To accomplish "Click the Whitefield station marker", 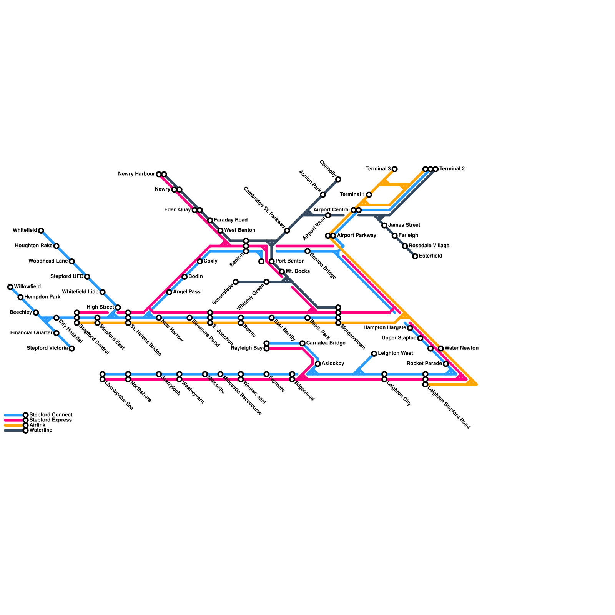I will (x=41, y=231).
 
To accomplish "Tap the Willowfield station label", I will (x=27, y=287).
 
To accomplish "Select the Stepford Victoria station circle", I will (x=71, y=349).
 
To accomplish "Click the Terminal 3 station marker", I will (x=394, y=169).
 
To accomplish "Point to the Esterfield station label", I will (x=430, y=256).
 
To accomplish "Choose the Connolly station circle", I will (x=338, y=180).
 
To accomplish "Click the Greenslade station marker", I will (x=236, y=282).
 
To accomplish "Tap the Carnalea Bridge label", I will (x=326, y=343).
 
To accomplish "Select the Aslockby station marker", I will (x=317, y=364).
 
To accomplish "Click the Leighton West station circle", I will (x=374, y=354).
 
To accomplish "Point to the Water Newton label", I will (x=461, y=348).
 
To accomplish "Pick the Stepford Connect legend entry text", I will (x=51, y=415).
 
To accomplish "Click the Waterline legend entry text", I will (x=41, y=430).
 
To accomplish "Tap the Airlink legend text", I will (x=37, y=425).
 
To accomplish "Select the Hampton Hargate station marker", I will (x=410, y=328).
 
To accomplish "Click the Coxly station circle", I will (x=200, y=261).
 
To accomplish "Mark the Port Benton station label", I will (x=290, y=261).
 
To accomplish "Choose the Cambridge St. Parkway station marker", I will (x=287, y=231).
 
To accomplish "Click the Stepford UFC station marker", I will (x=87, y=277).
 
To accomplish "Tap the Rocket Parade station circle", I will (x=446, y=364).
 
